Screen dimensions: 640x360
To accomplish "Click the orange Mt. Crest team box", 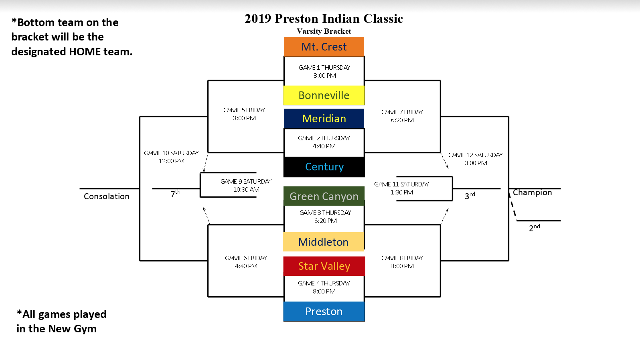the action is click(x=324, y=47).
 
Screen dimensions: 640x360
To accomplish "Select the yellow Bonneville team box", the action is click(x=324, y=95).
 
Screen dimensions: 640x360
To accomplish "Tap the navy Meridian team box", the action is click(x=324, y=119).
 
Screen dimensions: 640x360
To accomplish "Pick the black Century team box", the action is click(x=324, y=167).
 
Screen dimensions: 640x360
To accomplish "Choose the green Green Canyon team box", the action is click(x=324, y=196).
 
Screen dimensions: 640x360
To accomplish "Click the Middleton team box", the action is click(x=324, y=242).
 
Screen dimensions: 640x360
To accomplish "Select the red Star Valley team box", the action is click(x=324, y=266).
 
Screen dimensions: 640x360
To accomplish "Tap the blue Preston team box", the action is click(x=324, y=311).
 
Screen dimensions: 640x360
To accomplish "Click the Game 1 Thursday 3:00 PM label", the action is click(x=324, y=72).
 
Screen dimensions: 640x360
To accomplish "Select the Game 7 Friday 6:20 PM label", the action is click(x=402, y=116).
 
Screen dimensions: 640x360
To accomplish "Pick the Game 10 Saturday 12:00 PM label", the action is click(x=172, y=157).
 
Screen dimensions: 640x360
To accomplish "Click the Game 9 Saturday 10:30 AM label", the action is click(x=246, y=186).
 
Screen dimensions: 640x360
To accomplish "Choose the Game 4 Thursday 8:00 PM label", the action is click(x=324, y=287).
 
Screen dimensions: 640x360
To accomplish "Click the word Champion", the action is click(x=532, y=192).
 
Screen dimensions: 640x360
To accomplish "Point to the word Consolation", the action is click(x=107, y=196).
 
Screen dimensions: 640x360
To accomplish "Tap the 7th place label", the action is click(x=175, y=194).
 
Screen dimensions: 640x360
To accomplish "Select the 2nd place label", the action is click(x=534, y=228).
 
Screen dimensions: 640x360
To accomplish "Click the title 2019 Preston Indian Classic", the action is click(x=324, y=18).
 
